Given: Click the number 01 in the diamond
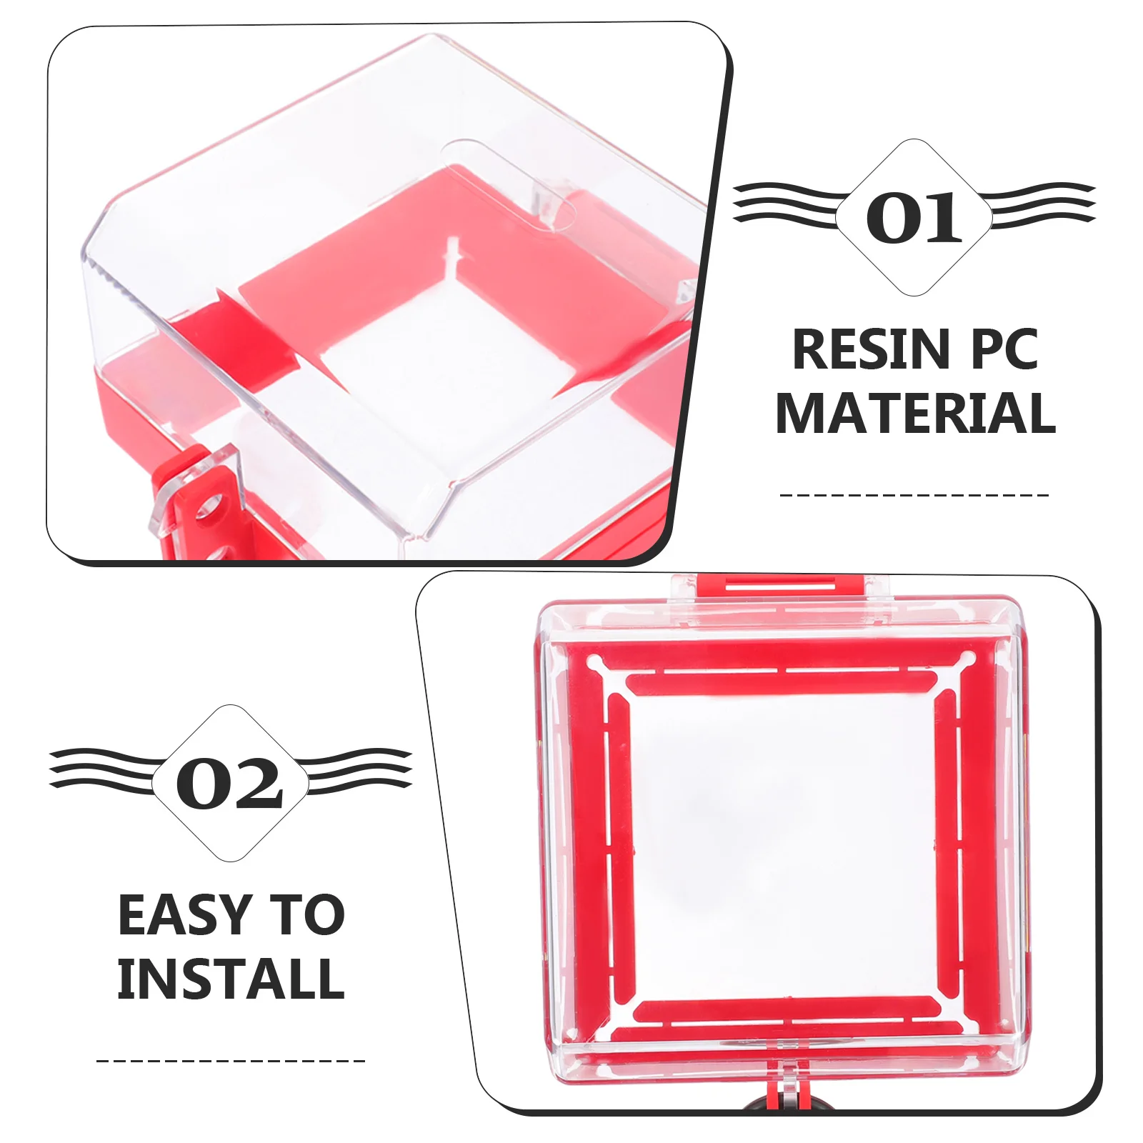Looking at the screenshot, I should click(914, 217).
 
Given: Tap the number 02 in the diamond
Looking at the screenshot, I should click(230, 783).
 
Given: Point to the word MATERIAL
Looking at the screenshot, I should click(915, 414).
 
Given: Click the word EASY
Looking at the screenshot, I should click(181, 915).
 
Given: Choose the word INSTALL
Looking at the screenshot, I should click(231, 979).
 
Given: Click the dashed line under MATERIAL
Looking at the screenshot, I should click(914, 494).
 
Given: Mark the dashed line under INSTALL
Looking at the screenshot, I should click(230, 1061).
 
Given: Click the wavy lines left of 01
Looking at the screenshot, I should click(786, 203).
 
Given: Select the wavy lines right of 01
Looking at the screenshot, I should click(1043, 203).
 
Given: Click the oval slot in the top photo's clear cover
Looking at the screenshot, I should click(509, 184).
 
